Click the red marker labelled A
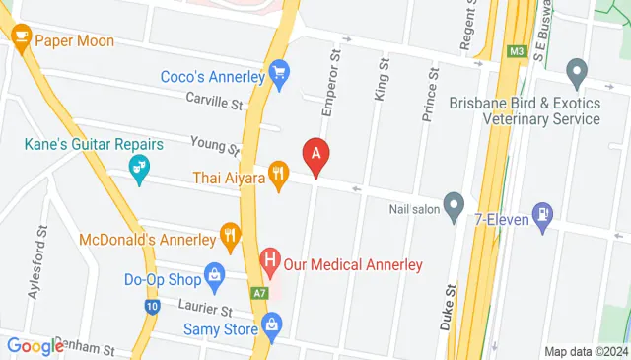point(315,155)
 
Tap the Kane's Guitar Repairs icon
point(140,170)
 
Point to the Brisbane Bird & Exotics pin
point(577,71)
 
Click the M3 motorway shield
point(517,51)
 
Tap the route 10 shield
point(151,307)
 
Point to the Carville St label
point(214,102)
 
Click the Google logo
point(35,346)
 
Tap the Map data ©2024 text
point(586,351)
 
